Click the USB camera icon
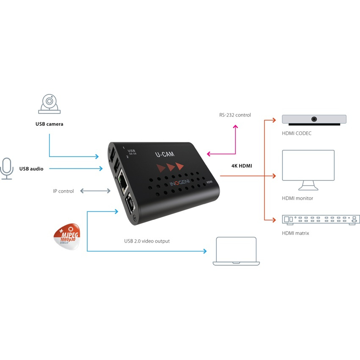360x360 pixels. tap(50, 103)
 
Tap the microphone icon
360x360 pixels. tap(7, 169)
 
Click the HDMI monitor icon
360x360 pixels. tap(308, 170)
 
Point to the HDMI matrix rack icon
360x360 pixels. tap(321, 219)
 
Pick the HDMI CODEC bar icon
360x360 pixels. tap(314, 120)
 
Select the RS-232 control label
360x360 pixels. tap(235, 115)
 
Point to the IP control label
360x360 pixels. tap(63, 191)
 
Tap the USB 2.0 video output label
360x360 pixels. tap(147, 241)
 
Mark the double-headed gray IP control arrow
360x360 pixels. tap(95, 191)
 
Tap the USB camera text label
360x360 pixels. tap(50, 125)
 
